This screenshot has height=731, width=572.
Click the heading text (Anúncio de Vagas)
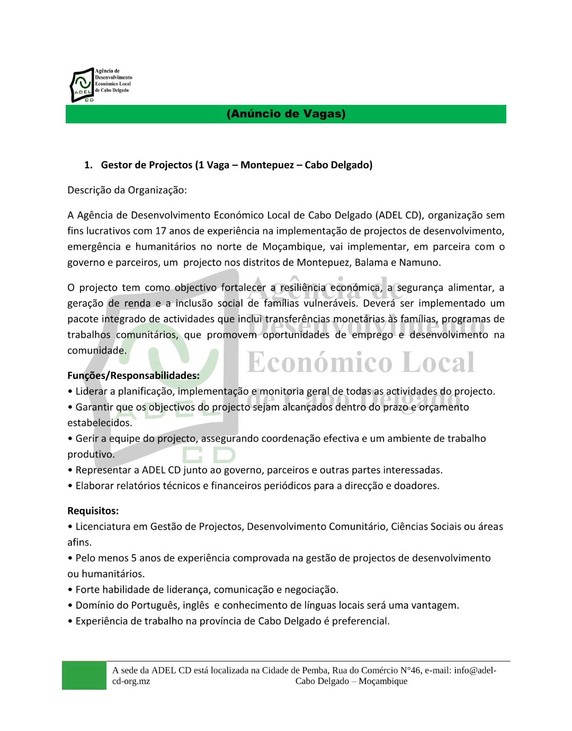pos(286,114)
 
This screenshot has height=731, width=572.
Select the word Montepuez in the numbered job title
pos(267,165)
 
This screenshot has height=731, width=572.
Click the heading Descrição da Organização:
pos(127,190)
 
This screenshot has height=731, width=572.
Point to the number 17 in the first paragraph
pos(160,231)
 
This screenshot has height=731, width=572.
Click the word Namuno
pos(419,263)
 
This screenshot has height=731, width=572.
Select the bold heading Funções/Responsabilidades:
pos(133,376)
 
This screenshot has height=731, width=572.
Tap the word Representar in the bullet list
pos(106,470)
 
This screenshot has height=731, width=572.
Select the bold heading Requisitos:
pos(93,511)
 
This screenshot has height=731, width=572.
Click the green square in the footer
pos(84,675)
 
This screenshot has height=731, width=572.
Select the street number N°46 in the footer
pos(409,670)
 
